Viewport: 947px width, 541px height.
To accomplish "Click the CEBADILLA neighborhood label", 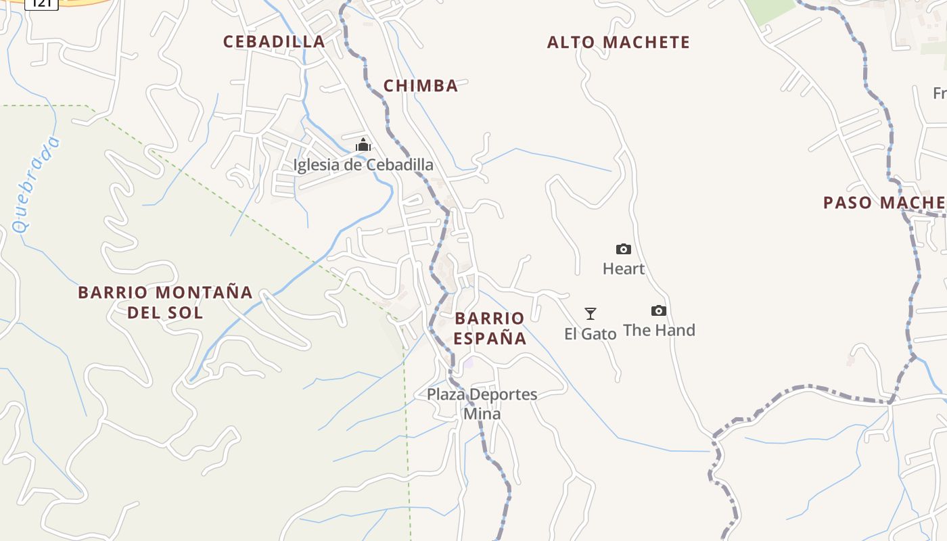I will point(274,41).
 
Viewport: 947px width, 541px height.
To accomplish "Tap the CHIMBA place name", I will point(421,86).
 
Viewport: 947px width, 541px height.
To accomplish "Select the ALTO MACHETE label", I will point(618,43).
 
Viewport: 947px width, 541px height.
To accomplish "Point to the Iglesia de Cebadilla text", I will point(363,165).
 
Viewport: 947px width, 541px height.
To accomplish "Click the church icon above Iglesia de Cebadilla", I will point(363,145).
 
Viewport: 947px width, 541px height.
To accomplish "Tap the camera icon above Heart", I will point(624,249).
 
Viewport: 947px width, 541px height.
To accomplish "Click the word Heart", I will point(624,269).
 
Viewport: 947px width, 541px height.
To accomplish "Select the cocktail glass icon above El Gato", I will point(591,313).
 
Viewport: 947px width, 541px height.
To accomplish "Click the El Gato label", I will point(591,334).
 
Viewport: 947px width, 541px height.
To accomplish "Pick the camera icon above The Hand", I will point(659,310).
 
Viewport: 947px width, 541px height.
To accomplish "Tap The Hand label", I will point(659,331).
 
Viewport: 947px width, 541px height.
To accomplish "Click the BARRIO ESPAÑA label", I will point(490,328).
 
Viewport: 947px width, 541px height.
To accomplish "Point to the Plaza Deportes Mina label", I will point(482,404).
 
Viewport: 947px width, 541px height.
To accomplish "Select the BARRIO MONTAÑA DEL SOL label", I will point(165,302).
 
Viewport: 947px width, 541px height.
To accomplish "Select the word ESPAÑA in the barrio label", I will point(490,338).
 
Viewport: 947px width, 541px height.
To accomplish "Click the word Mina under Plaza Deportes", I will point(482,414).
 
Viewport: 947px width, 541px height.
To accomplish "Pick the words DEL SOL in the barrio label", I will point(165,312).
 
